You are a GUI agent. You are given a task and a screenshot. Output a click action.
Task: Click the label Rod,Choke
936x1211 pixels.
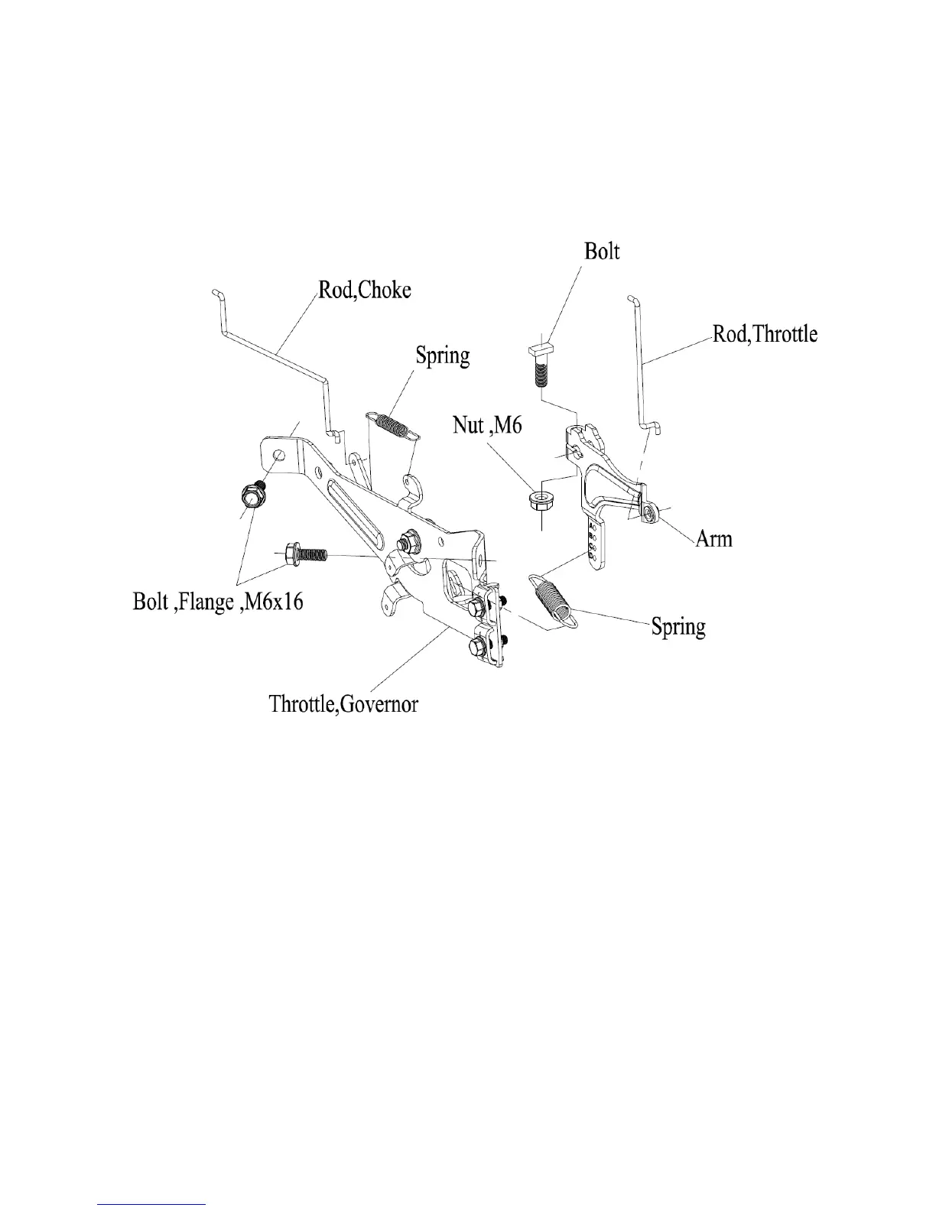tap(365, 291)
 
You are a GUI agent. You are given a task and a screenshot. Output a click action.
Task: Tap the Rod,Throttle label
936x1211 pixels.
tap(765, 334)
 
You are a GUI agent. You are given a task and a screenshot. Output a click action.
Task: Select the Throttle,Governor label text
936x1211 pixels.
tap(343, 703)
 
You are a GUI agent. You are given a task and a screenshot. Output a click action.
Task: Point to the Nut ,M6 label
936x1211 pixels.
tap(487, 424)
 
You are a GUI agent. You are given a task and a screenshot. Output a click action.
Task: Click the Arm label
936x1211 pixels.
tap(713, 538)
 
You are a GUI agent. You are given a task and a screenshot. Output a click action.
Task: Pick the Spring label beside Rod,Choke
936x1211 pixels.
tap(442, 356)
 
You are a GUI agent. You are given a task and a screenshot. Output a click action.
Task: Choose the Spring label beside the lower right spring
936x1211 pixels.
tap(678, 627)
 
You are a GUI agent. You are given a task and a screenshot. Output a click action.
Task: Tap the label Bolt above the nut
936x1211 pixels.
tap(602, 252)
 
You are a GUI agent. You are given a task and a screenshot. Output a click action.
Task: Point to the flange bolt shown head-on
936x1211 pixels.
tap(251, 499)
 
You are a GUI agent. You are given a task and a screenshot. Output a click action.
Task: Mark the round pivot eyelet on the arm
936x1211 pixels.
tap(649, 511)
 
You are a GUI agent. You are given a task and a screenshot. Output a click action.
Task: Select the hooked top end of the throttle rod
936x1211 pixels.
tap(632, 298)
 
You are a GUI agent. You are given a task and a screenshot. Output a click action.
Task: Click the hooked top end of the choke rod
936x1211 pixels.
tap(216, 293)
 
